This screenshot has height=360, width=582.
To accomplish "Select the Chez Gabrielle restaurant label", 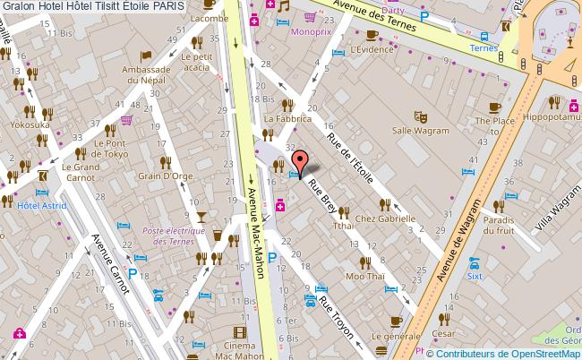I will coord(385,218).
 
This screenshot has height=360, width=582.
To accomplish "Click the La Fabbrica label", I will coord(287,118).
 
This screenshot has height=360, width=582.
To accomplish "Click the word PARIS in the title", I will coord(169,6).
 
